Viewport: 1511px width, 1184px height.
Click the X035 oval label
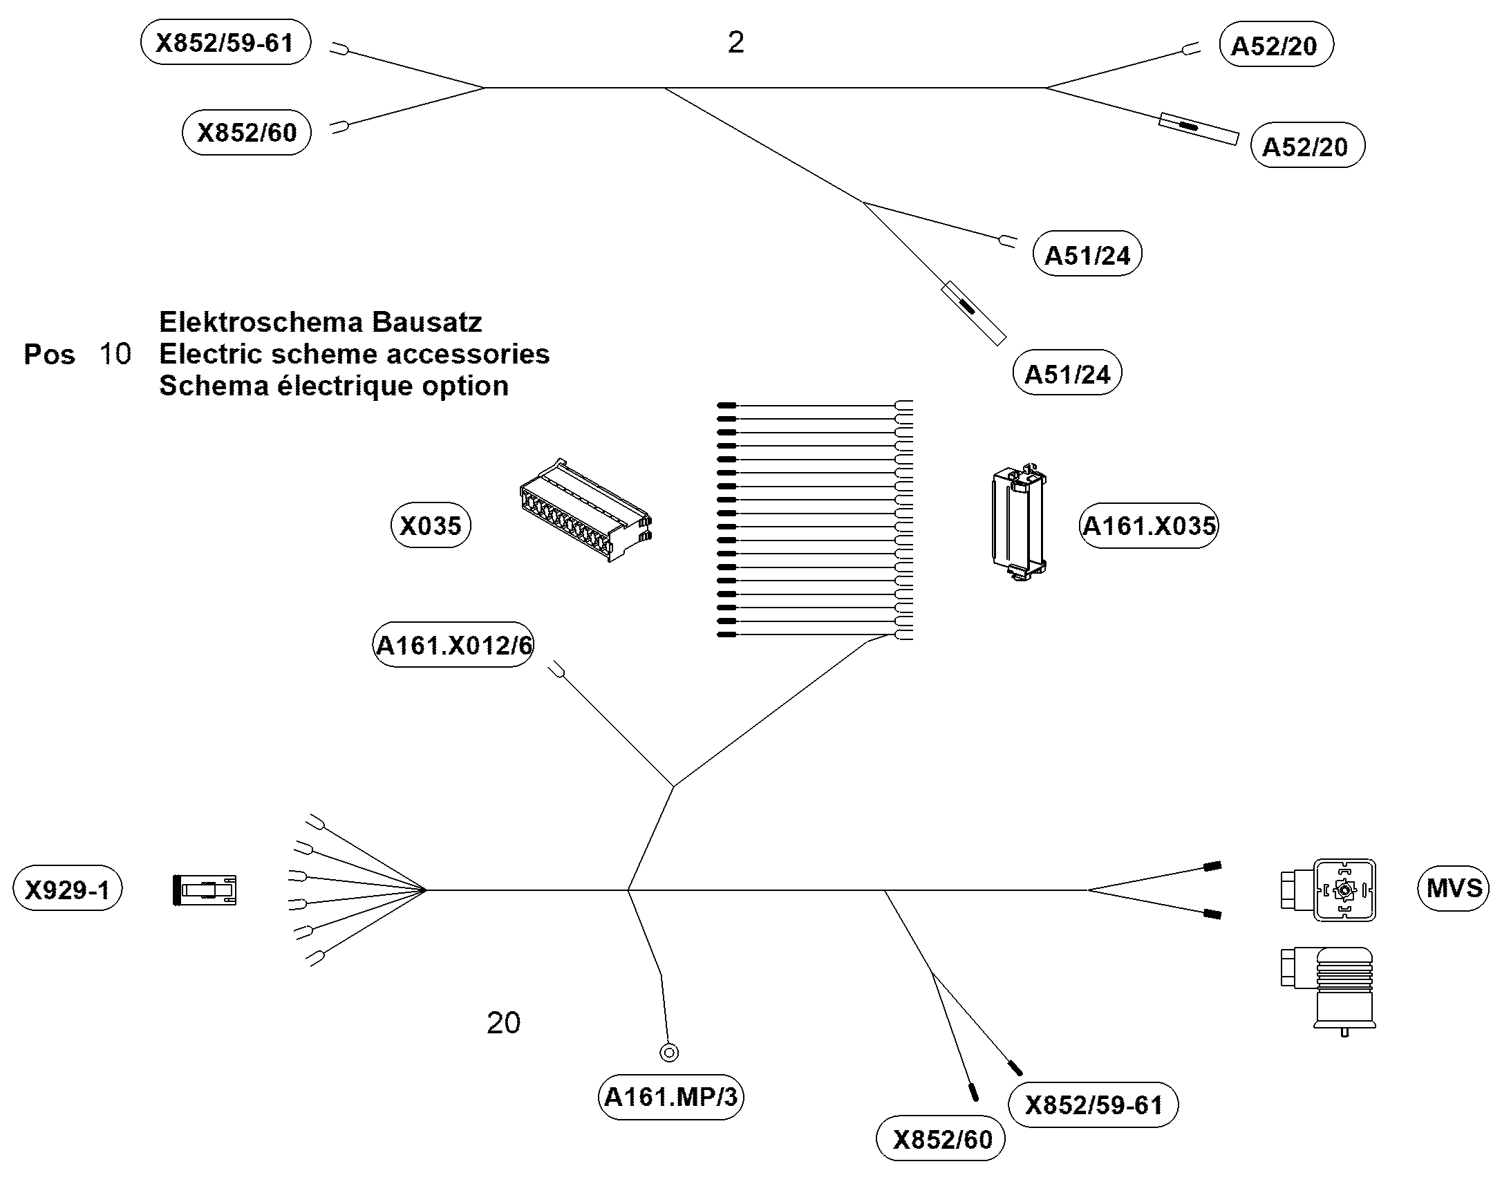[x=431, y=525]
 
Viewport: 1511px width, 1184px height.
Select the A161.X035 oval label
[x=1149, y=525]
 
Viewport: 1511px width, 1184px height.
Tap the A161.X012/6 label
[x=453, y=645]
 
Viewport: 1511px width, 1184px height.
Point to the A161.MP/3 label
[x=671, y=1097]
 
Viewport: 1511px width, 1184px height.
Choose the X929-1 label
[x=67, y=889]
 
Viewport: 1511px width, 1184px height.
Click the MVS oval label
[x=1454, y=888]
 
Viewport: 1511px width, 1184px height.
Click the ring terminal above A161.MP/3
[x=669, y=1053]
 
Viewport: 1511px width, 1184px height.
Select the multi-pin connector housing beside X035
[x=585, y=509]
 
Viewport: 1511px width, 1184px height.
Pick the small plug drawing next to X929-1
[x=205, y=890]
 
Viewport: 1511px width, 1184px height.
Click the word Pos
[x=49, y=354]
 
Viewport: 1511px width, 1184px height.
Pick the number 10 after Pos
[x=115, y=354]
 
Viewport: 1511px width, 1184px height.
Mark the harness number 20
[x=503, y=1023]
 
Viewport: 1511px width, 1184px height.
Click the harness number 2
[x=736, y=43]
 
